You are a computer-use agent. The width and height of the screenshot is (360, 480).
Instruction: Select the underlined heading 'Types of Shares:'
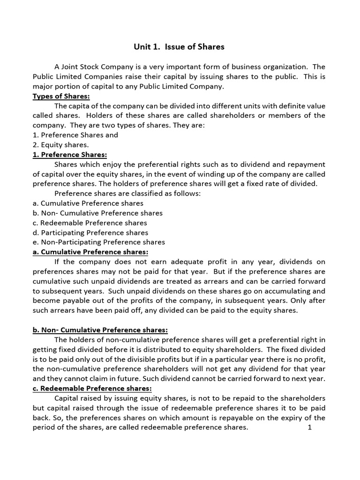pyautogui.click(x=61, y=96)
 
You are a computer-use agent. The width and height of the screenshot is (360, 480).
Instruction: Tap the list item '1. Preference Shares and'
pyautogui.click(x=75, y=135)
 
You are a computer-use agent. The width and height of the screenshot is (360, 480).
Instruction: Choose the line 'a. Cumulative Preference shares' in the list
pyautogui.click(x=88, y=203)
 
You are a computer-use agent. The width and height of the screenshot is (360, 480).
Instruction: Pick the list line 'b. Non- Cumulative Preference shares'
pyautogui.click(x=97, y=213)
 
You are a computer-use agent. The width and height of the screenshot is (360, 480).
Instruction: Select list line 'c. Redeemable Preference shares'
pyautogui.click(x=90, y=223)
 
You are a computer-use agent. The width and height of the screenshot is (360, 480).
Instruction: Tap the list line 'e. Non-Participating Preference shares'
pyautogui.click(x=99, y=242)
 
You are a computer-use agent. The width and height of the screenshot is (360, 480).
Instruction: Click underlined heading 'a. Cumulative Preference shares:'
pyautogui.click(x=90, y=252)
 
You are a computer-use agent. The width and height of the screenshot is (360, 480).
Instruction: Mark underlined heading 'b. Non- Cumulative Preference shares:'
pyautogui.click(x=100, y=330)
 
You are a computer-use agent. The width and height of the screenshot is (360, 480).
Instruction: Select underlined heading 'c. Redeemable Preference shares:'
pyautogui.click(x=92, y=389)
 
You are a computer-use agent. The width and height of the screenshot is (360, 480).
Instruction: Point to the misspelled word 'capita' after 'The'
pyautogui.click(x=80, y=106)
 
